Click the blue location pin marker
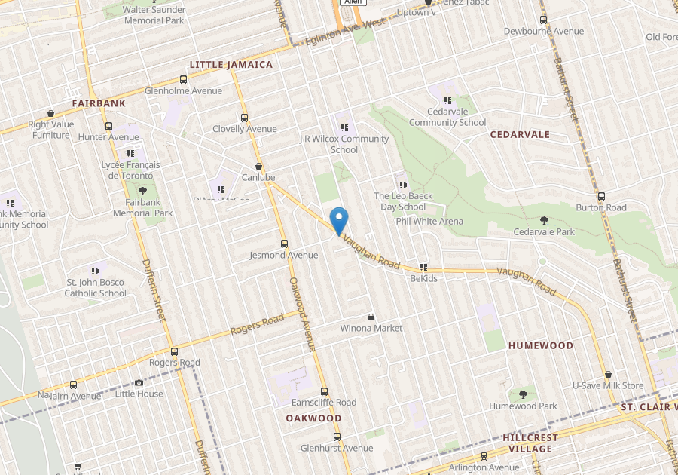click(x=339, y=220)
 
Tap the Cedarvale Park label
click(x=544, y=232)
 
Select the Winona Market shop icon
click(x=371, y=317)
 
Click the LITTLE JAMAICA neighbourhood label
click(x=231, y=65)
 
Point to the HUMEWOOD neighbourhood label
click(x=541, y=345)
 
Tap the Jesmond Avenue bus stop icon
click(x=284, y=244)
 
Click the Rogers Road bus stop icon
click(x=175, y=351)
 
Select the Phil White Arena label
click(x=429, y=222)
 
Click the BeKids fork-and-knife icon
click(x=423, y=267)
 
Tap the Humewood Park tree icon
click(x=523, y=394)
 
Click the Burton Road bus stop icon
click(x=600, y=196)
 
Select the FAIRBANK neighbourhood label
click(x=98, y=102)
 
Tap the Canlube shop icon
click(x=259, y=166)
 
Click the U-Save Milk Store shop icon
click(x=608, y=374)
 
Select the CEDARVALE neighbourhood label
click(x=520, y=135)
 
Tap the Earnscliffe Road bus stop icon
click(x=324, y=391)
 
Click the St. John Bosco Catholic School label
click(x=96, y=287)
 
